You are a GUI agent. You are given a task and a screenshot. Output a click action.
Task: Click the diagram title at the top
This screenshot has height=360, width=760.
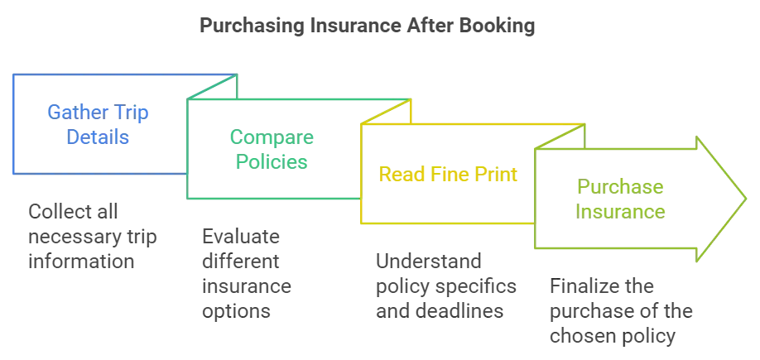366,26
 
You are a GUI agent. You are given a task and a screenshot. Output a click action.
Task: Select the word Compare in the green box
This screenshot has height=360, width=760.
272,137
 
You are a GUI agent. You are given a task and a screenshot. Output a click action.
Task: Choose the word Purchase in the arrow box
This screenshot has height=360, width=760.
621,188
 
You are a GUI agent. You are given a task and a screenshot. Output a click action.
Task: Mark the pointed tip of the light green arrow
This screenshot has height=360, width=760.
747,199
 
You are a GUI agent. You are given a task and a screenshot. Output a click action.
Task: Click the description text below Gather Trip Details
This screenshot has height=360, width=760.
91,235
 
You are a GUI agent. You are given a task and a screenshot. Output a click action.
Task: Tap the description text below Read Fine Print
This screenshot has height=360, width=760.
443,286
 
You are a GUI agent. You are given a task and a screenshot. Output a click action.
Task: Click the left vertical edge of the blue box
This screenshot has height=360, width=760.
11,124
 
